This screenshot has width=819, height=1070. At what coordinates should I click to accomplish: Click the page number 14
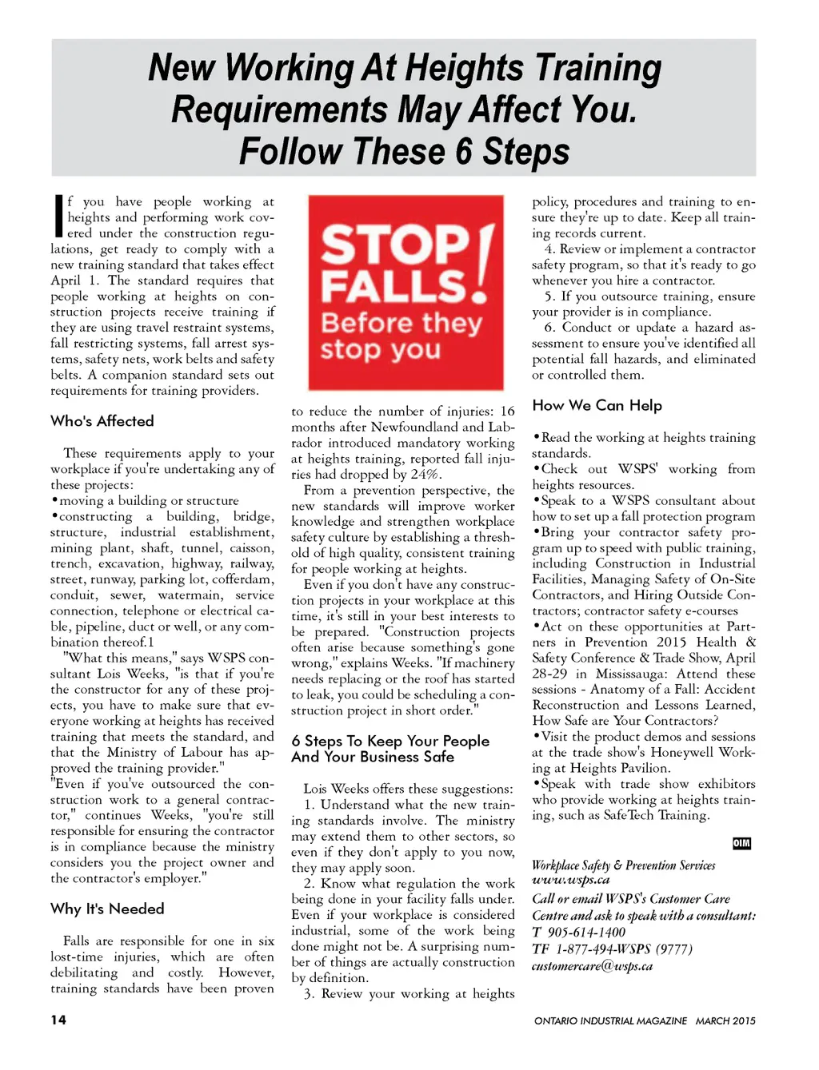tap(58, 1020)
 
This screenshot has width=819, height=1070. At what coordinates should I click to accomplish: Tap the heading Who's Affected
tap(102, 421)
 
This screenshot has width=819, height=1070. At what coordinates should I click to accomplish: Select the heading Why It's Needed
tap(107, 909)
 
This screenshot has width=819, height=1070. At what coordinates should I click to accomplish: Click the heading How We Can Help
tap(597, 405)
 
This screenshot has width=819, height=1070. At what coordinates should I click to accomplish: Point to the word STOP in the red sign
tap(395, 245)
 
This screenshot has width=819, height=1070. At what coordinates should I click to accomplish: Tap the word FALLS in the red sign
tap(393, 287)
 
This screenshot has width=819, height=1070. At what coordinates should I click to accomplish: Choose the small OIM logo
tap(741, 844)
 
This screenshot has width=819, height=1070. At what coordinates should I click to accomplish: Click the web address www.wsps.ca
tap(571, 880)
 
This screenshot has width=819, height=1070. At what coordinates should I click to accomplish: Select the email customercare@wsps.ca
tap(592, 966)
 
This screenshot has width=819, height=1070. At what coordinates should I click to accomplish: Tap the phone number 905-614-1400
tap(586, 932)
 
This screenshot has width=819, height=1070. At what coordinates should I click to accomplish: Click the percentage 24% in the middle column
tap(424, 474)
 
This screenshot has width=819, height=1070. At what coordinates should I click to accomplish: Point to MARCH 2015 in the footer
tap(725, 1020)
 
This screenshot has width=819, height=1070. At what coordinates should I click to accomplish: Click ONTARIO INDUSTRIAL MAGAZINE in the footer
tap(610, 1020)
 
